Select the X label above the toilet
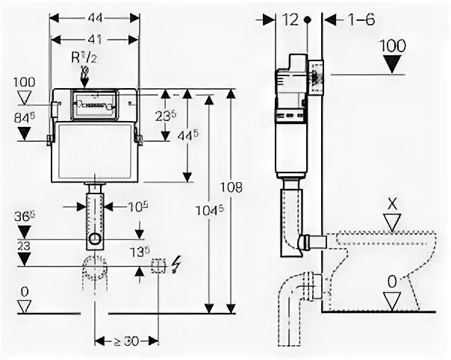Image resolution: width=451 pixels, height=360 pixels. [x=393, y=202]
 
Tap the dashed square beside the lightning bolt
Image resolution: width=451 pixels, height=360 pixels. [x=158, y=265]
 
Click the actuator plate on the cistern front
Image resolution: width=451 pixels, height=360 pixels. [x=95, y=104]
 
